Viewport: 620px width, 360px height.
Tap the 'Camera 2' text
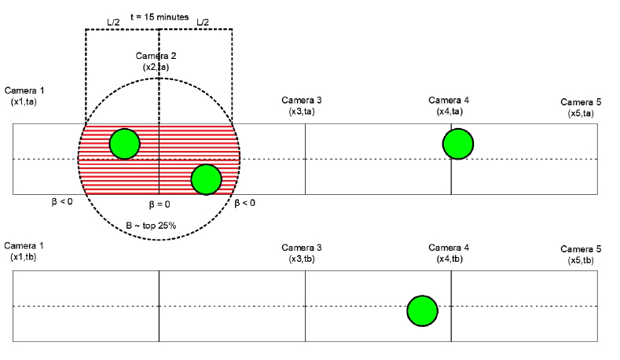click(156, 57)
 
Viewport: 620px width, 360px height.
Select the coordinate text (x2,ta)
click(156, 68)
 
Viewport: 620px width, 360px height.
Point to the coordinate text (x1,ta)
click(26, 103)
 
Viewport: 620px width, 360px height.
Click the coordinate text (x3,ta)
click(302, 112)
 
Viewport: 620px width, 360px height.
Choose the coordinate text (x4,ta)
click(449, 112)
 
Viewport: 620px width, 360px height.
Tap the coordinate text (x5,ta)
click(580, 113)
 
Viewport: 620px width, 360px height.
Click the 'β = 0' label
click(160, 204)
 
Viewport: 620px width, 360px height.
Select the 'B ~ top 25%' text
click(152, 226)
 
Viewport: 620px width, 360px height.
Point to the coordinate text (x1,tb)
click(26, 258)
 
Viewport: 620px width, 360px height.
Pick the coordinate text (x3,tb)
click(302, 259)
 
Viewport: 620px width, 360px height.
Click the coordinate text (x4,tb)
click(449, 259)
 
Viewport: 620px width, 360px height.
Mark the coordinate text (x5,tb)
click(580, 259)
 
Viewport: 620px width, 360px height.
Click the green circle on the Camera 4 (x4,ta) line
click(457, 144)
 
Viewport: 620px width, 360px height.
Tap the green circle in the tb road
click(422, 310)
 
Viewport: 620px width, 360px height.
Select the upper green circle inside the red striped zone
click(124, 144)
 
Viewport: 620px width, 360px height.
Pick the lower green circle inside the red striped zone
click(206, 179)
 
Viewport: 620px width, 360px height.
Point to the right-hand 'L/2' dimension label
click(203, 22)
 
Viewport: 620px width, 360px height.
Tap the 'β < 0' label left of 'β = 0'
click(62, 202)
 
